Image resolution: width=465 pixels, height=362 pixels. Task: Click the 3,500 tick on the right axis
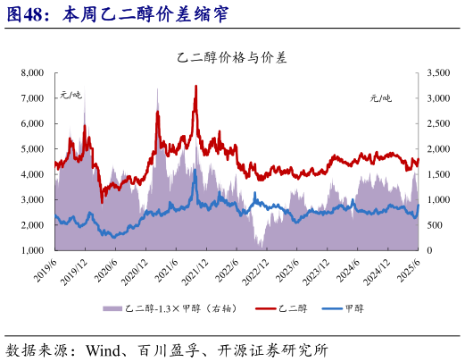tap(442, 72)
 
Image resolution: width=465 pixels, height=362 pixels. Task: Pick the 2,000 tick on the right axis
tap(442, 149)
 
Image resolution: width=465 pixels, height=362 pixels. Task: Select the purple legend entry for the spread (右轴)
tap(175, 308)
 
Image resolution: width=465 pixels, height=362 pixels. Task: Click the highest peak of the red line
tap(195, 86)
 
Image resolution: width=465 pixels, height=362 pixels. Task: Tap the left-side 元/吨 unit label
tap(71, 94)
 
